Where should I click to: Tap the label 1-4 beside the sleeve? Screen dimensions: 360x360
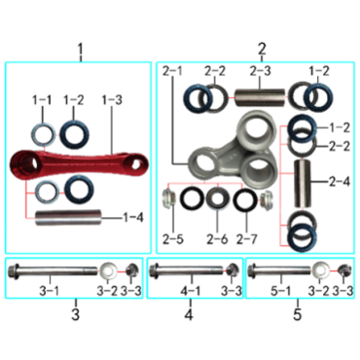(133, 217)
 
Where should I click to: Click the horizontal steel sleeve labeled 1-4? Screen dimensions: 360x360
(68, 217)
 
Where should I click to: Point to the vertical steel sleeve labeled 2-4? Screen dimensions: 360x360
(303, 183)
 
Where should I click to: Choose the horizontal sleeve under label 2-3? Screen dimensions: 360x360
(260, 97)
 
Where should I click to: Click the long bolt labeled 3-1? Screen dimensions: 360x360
(53, 270)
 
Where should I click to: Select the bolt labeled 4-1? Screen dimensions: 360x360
(186, 270)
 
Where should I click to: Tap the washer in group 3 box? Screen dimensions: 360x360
(108, 270)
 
